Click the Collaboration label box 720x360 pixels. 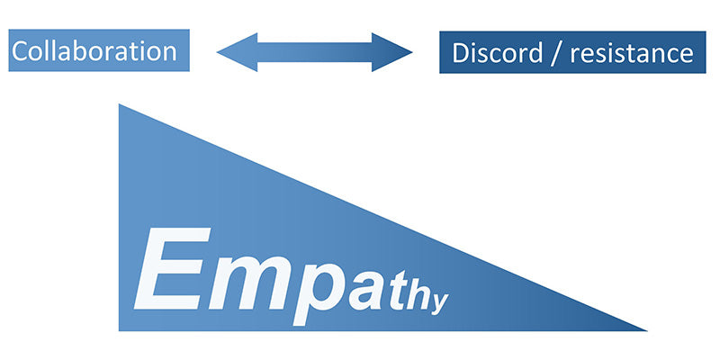tap(99, 50)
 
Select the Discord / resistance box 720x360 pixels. tap(571, 52)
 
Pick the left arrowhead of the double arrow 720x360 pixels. tap(230, 52)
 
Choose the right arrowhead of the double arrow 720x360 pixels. tap(398, 52)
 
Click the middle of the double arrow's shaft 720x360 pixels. tap(314, 52)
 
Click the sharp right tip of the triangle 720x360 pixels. tap(644, 329)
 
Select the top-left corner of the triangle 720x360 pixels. tap(121, 106)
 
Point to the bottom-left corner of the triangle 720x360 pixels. tap(121, 328)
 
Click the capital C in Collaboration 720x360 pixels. tap(22, 50)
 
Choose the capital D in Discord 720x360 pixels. tap(460, 53)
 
